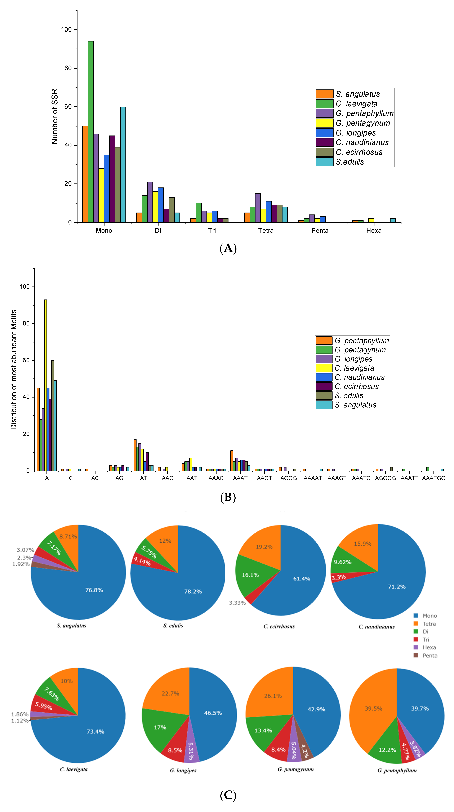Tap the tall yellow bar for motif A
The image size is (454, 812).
tap(45, 385)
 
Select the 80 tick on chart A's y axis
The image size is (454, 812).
tap(68, 68)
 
